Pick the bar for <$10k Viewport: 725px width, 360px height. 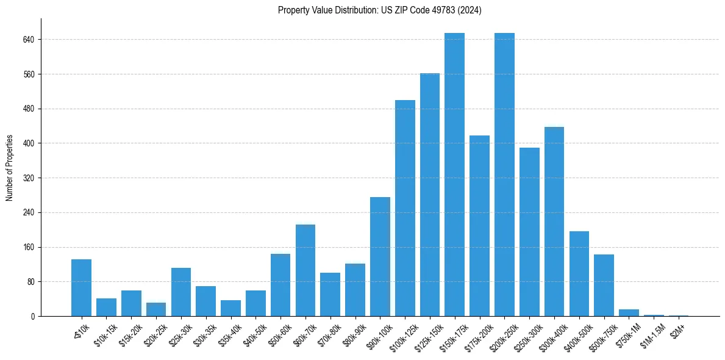81,288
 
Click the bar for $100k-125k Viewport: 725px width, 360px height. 405,208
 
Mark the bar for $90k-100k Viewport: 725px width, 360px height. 380,256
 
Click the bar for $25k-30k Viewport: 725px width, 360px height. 181,292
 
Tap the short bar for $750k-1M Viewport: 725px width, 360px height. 629,312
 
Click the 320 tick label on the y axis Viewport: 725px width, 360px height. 29,178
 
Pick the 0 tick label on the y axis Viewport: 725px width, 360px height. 33,316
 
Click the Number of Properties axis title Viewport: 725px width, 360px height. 10,168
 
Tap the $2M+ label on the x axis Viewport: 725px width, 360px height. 678,329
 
